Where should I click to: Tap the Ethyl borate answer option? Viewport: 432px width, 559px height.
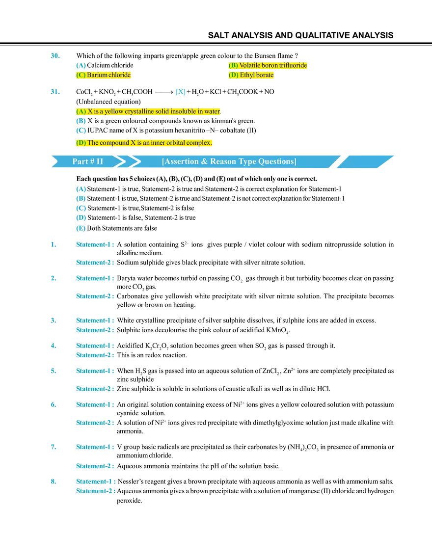(256, 75)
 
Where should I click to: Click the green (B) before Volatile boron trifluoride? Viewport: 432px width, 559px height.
(233, 65)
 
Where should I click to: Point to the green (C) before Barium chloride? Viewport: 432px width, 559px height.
(81, 75)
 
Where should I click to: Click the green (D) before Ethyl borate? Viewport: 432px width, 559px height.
(233, 75)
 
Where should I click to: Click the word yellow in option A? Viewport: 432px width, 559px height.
(114, 111)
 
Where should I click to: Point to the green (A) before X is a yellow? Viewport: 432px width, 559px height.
(81, 111)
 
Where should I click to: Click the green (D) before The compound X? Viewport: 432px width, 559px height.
(81, 143)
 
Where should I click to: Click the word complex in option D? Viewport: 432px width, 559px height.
(199, 143)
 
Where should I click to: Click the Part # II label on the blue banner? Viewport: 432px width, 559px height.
(88, 161)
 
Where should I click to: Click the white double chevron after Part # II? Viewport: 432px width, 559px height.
(124, 161)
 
